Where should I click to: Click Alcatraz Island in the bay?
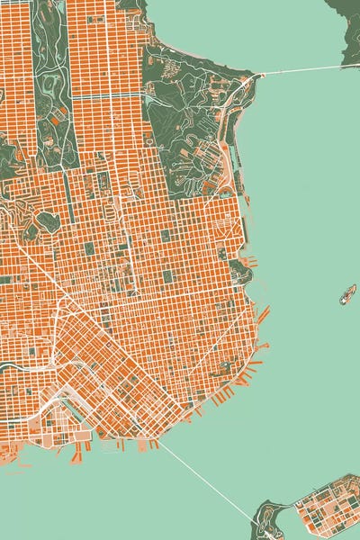[x=347, y=293]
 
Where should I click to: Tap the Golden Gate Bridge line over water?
[x=301, y=70]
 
